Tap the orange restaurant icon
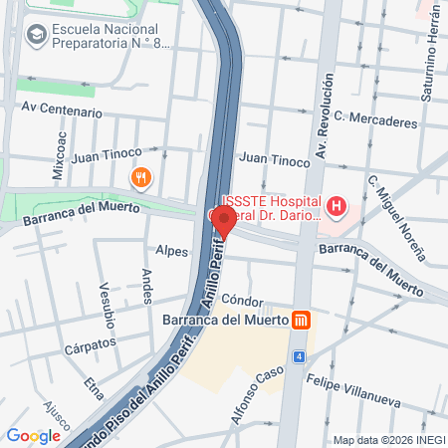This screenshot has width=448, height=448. point(141,178)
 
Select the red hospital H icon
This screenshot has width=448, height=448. point(338,207)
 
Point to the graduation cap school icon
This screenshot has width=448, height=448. point(37,35)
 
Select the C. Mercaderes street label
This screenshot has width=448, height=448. point(375,119)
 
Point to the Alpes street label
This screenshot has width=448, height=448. point(171,251)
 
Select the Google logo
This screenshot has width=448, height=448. point(33,435)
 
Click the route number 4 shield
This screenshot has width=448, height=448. point(298,355)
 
